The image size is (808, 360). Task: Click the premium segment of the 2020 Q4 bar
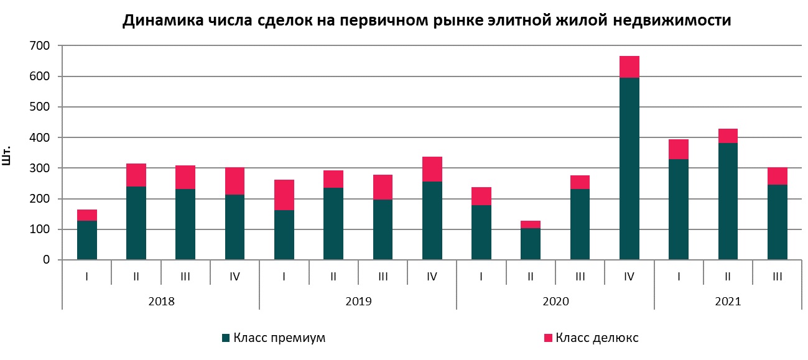[629, 168]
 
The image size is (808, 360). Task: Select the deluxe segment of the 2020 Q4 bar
[629, 67]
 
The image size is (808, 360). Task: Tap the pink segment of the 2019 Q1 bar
[284, 195]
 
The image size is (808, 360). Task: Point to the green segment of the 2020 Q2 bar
[531, 244]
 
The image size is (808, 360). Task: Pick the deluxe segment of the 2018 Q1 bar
[87, 215]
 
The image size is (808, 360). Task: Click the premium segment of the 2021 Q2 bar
[728, 201]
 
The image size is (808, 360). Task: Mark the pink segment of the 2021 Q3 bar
[778, 176]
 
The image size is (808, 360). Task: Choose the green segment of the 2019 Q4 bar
[432, 220]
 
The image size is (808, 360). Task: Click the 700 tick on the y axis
[40, 46]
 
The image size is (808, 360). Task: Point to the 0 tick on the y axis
[46, 260]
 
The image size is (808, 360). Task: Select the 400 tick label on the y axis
[40, 137]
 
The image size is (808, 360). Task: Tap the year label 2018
[161, 301]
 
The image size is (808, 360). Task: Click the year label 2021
[728, 301]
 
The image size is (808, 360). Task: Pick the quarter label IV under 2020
[629, 277]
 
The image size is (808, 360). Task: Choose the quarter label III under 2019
[383, 277]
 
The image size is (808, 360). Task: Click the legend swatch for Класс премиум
[226, 338]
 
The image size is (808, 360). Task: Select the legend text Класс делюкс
[597, 338]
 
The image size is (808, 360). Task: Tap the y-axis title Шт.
[6, 155]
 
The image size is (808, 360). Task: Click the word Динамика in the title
[164, 20]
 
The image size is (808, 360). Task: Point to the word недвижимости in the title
[672, 20]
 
